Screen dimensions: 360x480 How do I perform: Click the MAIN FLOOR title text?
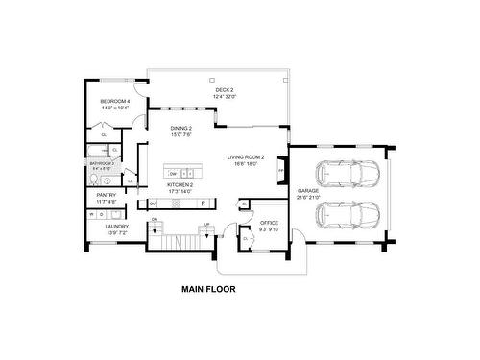pos(208,287)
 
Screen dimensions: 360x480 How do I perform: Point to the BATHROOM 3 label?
pos(103,164)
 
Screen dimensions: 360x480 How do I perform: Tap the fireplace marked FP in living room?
pos(280,171)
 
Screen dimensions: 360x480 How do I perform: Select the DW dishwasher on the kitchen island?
pos(172,173)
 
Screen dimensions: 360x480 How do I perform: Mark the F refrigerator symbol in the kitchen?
pos(203,204)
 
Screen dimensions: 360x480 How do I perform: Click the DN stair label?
pos(154,220)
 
